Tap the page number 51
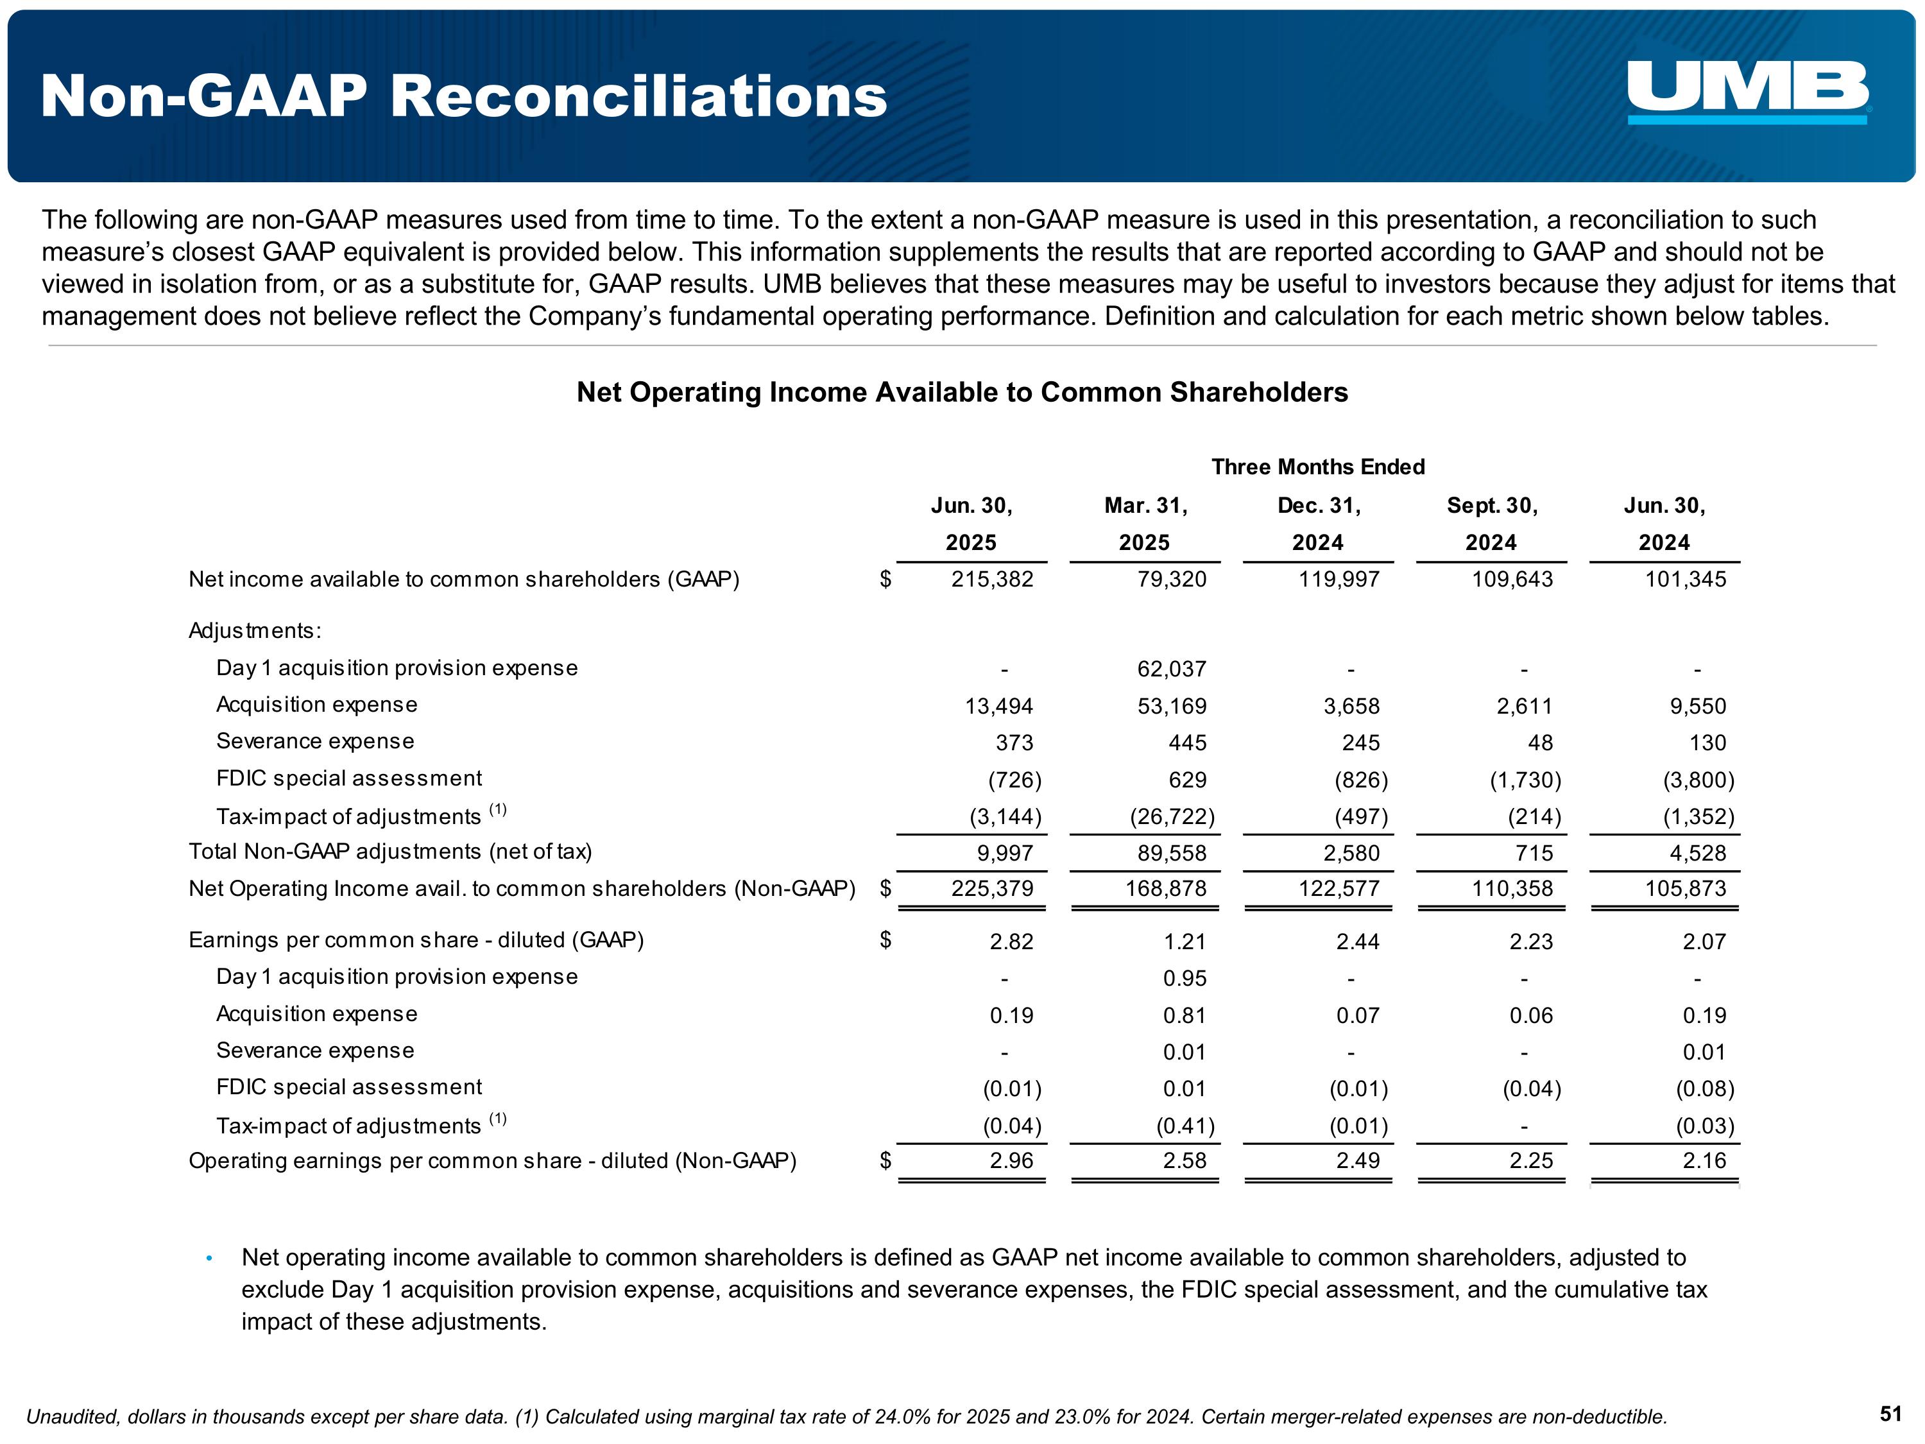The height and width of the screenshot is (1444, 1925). pyautogui.click(x=1890, y=1414)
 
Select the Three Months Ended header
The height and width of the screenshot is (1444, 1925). pyautogui.click(x=1317, y=467)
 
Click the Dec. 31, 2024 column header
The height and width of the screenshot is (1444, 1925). pyautogui.click(x=1317, y=524)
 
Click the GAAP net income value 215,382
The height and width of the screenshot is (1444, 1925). pyautogui.click(x=992, y=580)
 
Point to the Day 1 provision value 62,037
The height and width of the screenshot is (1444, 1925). pyautogui.click(x=1171, y=669)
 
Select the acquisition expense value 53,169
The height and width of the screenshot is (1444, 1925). pyautogui.click(x=1171, y=706)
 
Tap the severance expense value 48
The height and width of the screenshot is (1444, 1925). pyautogui.click(x=1539, y=743)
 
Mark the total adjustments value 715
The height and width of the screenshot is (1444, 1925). pyautogui.click(x=1534, y=853)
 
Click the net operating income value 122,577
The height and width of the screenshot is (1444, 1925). pyautogui.click(x=1339, y=889)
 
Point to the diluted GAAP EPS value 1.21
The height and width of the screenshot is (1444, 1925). pyautogui.click(x=1185, y=941)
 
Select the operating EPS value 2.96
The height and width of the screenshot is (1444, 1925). pyautogui.click(x=1011, y=1161)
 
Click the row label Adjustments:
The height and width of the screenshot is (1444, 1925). pyautogui.click(x=255, y=631)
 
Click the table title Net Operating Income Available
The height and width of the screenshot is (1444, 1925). pyautogui.click(x=962, y=393)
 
